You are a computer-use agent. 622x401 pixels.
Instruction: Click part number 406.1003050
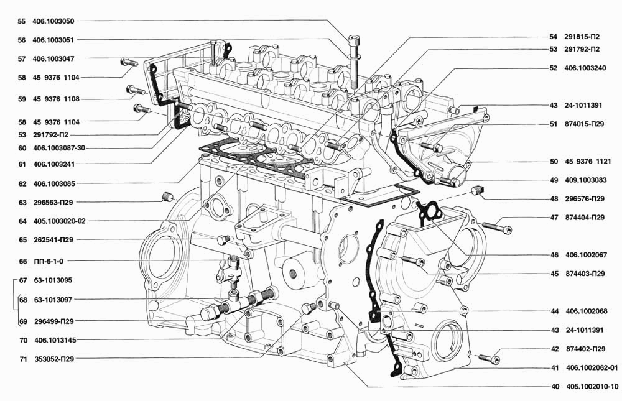[53, 21]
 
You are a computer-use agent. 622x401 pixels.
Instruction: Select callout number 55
[21, 21]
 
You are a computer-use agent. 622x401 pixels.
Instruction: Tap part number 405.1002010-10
[592, 387]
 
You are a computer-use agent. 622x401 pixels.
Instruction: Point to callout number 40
[555, 387]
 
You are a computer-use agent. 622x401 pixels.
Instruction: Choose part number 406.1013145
[55, 340]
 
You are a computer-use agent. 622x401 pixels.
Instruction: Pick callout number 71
[23, 359]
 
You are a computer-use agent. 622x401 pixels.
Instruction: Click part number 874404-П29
[585, 218]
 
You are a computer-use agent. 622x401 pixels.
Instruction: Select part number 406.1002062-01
[592, 368]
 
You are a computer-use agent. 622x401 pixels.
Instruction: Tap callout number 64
[22, 221]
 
